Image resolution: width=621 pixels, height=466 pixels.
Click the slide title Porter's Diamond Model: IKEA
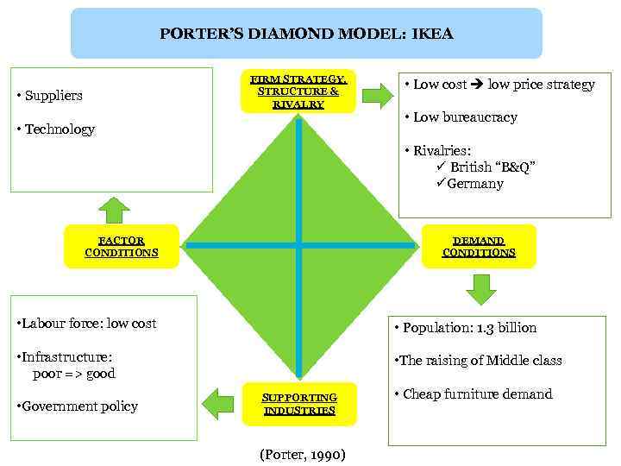306,35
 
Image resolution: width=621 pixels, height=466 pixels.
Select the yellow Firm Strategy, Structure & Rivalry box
298,91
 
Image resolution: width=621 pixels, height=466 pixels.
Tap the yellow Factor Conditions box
122,247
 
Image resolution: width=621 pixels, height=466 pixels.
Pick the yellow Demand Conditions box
479,247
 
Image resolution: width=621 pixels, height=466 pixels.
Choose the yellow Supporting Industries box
299,404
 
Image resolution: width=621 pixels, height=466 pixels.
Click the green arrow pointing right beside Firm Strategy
377,95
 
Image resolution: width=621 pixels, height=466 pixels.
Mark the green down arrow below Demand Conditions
480,289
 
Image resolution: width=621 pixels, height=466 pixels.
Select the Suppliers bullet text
53,95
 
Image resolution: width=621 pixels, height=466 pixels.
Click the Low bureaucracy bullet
461,117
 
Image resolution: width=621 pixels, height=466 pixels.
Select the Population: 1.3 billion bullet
464,328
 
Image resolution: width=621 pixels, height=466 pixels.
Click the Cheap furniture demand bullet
472,394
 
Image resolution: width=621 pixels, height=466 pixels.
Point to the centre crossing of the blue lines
298,246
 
